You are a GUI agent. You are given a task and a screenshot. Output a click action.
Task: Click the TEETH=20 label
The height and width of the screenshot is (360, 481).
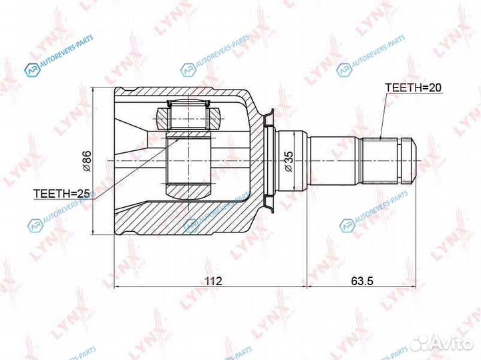413,87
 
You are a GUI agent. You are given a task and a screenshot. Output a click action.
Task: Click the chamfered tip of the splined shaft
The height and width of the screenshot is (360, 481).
410,161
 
